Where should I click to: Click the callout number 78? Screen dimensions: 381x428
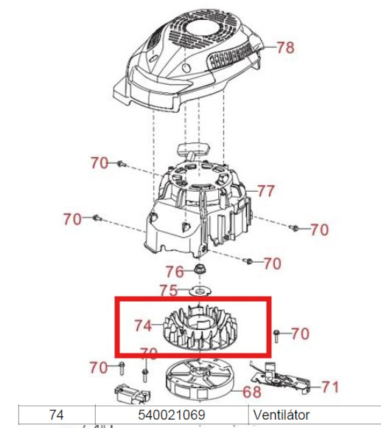coord(286,48)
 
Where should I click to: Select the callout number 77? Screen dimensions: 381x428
coord(266,191)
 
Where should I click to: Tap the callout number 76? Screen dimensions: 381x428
coord(175,272)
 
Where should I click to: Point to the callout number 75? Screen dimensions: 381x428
coord(169,291)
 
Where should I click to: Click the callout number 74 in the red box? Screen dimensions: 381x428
coord(143,325)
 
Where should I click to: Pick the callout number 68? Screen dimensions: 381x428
coord(252,392)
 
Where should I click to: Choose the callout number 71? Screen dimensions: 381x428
coord(330,387)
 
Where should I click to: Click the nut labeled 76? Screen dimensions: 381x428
coord(200,270)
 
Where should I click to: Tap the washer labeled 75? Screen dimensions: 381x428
coord(200,291)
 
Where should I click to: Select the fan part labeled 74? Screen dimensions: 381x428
coord(200,329)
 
